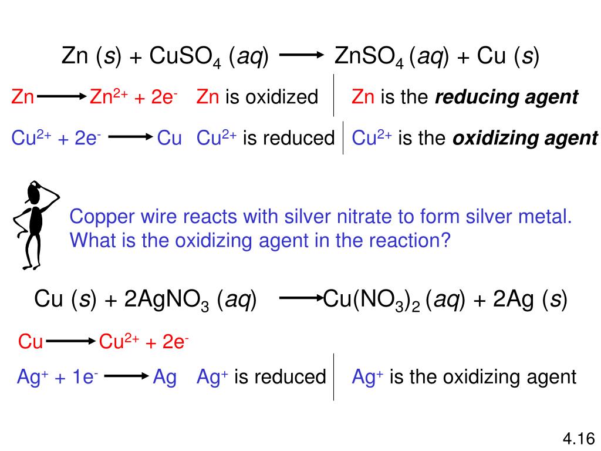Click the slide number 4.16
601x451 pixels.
pos(579,438)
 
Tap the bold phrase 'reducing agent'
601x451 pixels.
pos(507,97)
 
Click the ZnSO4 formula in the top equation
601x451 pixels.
pos(370,58)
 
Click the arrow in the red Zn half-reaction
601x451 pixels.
pos(61,97)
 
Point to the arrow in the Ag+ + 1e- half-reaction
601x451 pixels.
pos(126,377)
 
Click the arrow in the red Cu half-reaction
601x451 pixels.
pos(70,341)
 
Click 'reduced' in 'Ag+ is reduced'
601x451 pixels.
pos(297,377)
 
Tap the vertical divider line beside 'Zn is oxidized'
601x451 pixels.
pos(334,95)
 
